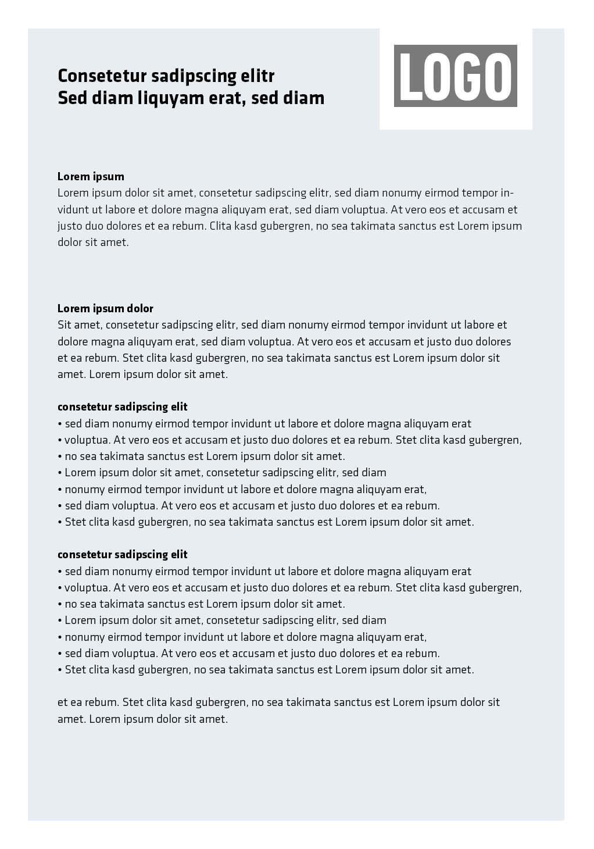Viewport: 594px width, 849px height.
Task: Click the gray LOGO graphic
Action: click(455, 76)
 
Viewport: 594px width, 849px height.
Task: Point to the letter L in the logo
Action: click(410, 76)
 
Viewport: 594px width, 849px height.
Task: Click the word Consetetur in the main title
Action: click(102, 76)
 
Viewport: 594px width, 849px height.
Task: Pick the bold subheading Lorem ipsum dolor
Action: click(105, 308)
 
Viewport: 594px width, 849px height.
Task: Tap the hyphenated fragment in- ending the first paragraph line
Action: click(507, 193)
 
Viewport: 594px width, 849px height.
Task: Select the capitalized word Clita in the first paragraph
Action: click(221, 226)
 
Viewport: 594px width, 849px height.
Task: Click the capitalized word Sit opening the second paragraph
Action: click(65, 324)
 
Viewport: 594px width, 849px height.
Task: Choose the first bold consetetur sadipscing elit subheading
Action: click(122, 406)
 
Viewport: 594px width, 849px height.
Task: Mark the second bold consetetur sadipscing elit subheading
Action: click(122, 554)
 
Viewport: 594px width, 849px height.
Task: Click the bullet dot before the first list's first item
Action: click(60, 424)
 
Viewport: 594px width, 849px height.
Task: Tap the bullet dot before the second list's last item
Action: click(60, 670)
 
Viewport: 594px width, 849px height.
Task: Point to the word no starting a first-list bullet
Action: click(70, 456)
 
